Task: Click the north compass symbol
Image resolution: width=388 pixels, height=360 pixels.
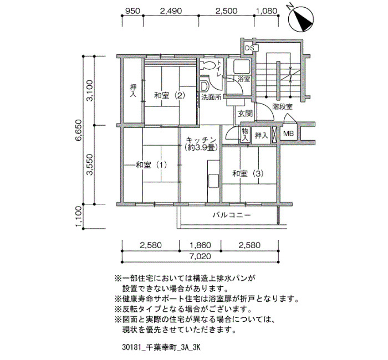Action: [301, 19]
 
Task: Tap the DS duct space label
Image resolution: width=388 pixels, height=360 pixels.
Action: [249, 48]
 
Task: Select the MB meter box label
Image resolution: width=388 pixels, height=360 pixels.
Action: [288, 133]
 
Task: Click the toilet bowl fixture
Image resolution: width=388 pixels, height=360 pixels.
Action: [208, 65]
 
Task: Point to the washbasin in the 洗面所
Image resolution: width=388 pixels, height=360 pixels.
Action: [205, 86]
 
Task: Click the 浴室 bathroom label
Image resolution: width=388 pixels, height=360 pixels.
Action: [243, 79]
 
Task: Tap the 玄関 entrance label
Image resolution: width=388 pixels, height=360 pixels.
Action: [245, 114]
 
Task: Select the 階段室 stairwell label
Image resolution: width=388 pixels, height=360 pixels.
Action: [282, 107]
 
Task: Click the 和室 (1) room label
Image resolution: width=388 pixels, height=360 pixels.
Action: [151, 164]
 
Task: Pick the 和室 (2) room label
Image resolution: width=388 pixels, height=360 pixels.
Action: [170, 95]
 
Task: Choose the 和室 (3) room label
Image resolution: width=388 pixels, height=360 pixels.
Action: [248, 173]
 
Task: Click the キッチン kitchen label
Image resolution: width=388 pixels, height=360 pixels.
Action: [201, 140]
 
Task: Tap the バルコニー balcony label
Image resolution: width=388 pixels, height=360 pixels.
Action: [232, 215]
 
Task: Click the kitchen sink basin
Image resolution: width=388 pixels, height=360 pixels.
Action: [213, 181]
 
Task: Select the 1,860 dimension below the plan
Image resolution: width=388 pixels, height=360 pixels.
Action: [200, 245]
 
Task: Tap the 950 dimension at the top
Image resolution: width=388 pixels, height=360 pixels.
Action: [133, 11]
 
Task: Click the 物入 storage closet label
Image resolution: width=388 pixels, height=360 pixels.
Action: [245, 135]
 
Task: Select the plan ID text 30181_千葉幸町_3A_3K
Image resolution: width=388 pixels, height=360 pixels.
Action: [161, 347]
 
